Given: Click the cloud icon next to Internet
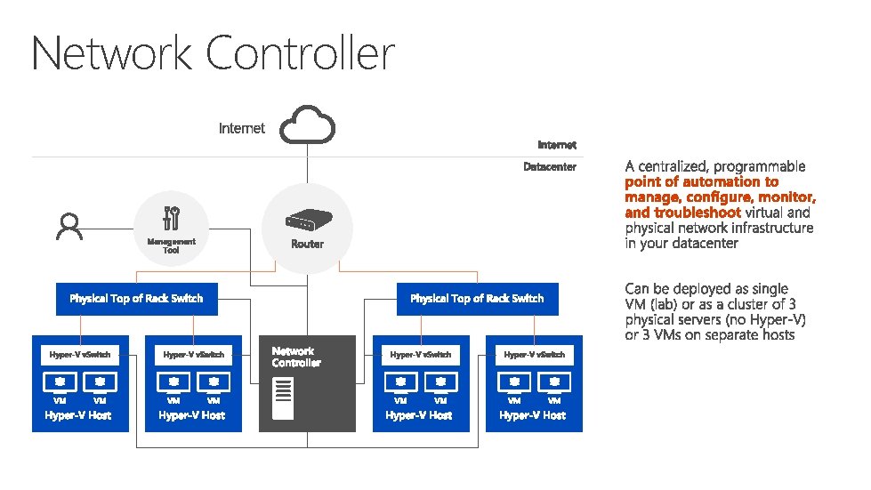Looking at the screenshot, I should point(308,126).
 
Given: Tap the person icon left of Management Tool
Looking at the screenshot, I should point(69,226).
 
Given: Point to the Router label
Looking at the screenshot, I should point(307,244).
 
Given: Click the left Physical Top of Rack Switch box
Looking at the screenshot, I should point(136,299).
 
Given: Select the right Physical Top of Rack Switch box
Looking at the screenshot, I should point(477,299).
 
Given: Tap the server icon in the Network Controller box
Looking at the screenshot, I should point(283,399).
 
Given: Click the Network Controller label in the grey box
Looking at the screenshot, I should point(295,357).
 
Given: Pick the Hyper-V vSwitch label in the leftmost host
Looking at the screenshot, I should point(80,355).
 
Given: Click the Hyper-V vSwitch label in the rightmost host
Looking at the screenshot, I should point(534,355).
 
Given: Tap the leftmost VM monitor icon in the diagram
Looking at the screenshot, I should point(60,382).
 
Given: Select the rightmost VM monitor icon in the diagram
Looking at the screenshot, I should point(555,382).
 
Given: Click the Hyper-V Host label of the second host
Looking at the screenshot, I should point(192,415).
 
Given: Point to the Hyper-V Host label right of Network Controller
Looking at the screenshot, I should point(419,415).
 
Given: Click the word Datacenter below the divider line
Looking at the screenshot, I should point(550,167).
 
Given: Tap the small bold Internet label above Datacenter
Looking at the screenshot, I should point(557,144).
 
